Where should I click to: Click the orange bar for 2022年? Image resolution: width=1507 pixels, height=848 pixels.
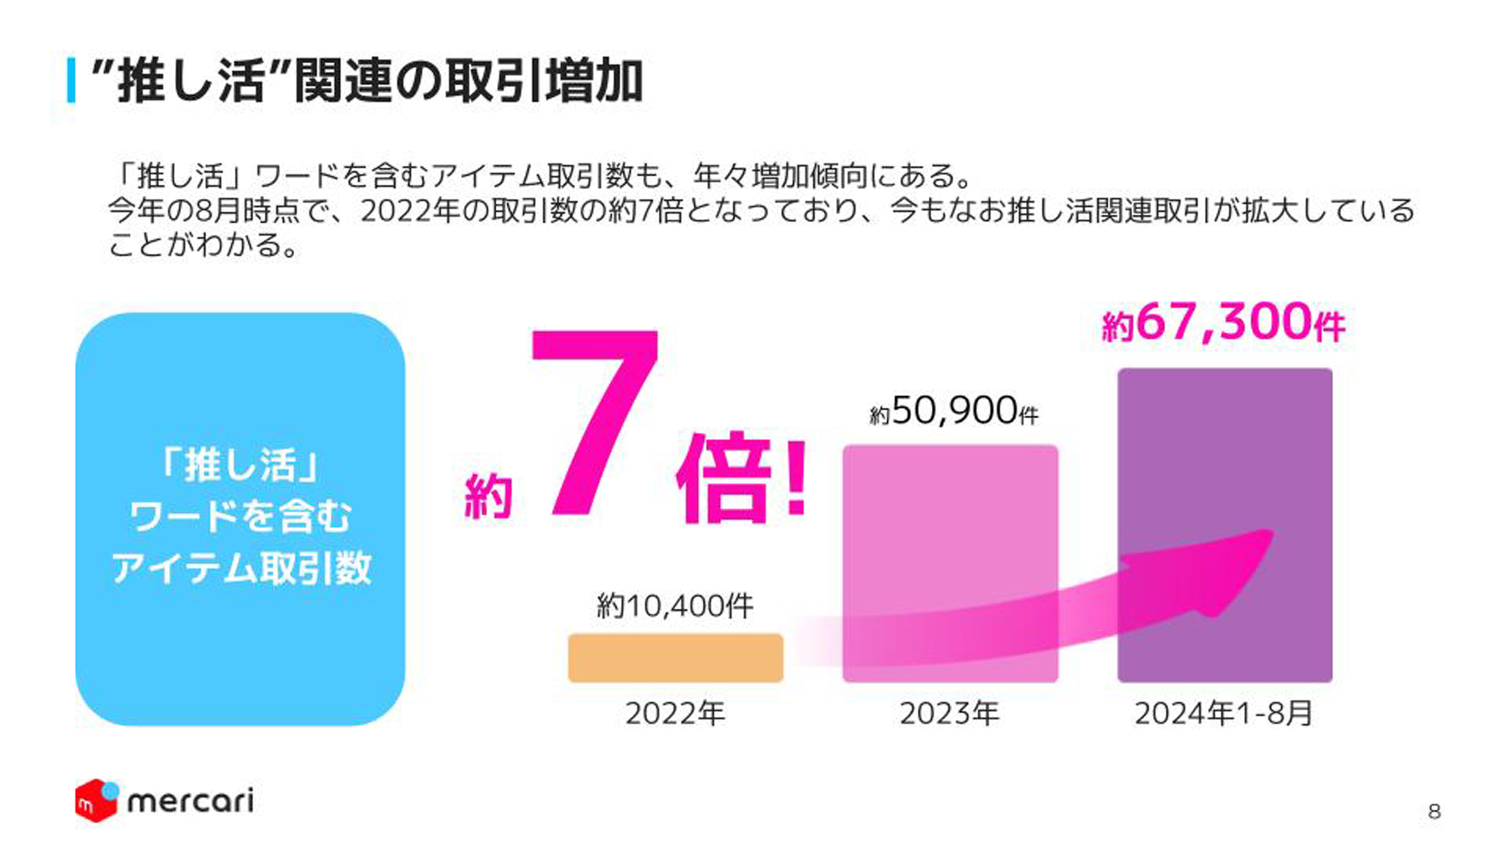pos(675,658)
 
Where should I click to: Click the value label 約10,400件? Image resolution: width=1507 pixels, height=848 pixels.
pos(675,606)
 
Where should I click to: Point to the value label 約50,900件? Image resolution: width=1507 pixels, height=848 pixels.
pos(954,411)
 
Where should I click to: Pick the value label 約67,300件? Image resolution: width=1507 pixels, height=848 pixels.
pos(1223,323)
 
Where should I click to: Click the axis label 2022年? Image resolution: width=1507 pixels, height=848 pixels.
pos(675,714)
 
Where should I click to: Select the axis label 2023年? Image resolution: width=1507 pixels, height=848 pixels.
pos(950,714)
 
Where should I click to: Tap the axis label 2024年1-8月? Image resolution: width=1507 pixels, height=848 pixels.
pos(1223,714)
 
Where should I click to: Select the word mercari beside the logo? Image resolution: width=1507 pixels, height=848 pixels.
pos(190,802)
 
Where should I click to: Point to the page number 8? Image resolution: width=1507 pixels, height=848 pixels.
pos(1434,812)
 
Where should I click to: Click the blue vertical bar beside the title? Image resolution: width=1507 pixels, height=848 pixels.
pos(71,80)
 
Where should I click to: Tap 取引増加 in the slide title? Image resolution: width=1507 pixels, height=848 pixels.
pos(544,81)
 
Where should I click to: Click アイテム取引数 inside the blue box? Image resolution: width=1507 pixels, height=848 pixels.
pos(241,568)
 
